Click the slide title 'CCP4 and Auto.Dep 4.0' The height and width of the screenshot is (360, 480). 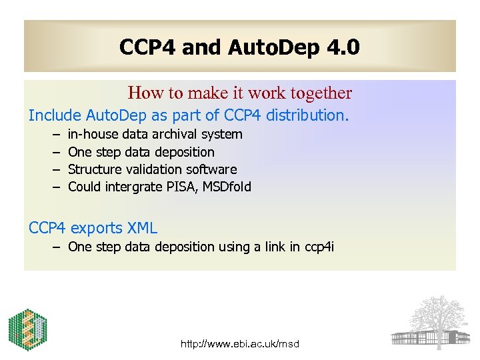point(239,47)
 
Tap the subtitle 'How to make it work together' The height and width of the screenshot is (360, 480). point(239,93)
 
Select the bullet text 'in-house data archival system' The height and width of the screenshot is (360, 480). point(155,135)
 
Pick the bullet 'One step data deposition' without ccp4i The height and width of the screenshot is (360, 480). point(141,152)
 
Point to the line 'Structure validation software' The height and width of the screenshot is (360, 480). point(153,169)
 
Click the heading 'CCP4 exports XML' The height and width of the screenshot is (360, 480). point(93,228)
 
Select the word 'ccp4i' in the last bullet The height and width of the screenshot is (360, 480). point(319,247)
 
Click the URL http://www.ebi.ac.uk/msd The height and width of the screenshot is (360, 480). point(240,344)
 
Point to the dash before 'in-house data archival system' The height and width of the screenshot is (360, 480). point(53,135)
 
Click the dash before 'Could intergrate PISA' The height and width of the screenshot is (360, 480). point(53,187)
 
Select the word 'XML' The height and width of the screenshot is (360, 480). point(143,228)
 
